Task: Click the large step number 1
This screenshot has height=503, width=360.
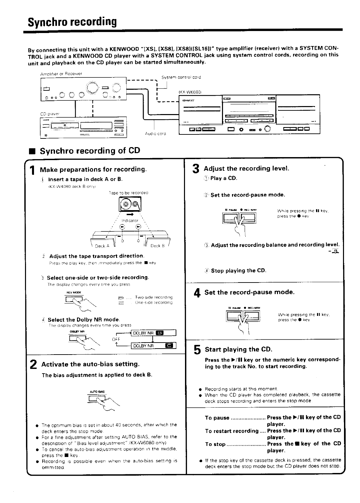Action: pos(32,171)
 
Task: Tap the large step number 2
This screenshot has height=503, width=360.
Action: pos(33,365)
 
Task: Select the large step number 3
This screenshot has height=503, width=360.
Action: pos(196,170)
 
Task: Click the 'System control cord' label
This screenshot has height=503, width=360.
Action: pos(181,77)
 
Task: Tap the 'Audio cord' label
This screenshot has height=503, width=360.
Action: pos(155,134)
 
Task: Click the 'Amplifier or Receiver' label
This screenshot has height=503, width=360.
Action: pos(61,74)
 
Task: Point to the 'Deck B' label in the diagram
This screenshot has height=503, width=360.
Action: pos(157,246)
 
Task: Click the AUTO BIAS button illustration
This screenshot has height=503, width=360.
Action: pos(97,398)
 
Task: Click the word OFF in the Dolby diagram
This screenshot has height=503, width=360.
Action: pos(116,339)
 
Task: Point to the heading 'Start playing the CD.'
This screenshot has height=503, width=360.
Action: pos(238,350)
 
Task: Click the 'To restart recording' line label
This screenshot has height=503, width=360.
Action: pos(231,431)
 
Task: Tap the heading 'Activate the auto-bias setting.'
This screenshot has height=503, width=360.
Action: pos(90,364)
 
